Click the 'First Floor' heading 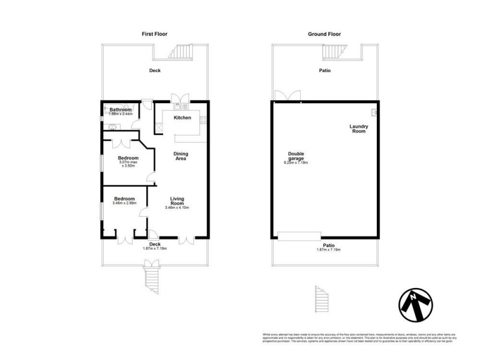coord(155,34)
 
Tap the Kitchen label coord(182,118)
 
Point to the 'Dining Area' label coord(181,157)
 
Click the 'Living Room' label coord(177,200)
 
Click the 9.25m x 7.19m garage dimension coord(296,163)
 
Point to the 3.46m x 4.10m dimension coord(177,208)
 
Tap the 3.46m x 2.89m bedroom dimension coord(125,203)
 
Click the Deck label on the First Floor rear coord(155,70)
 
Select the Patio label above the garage coord(326,70)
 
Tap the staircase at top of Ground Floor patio coord(332,53)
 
